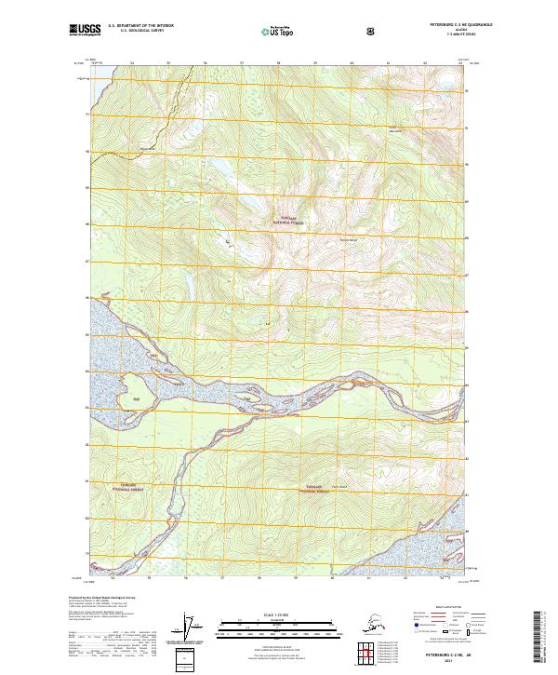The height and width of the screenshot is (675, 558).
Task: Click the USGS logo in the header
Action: (85, 32)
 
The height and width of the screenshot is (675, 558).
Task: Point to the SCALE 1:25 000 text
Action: (279, 614)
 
